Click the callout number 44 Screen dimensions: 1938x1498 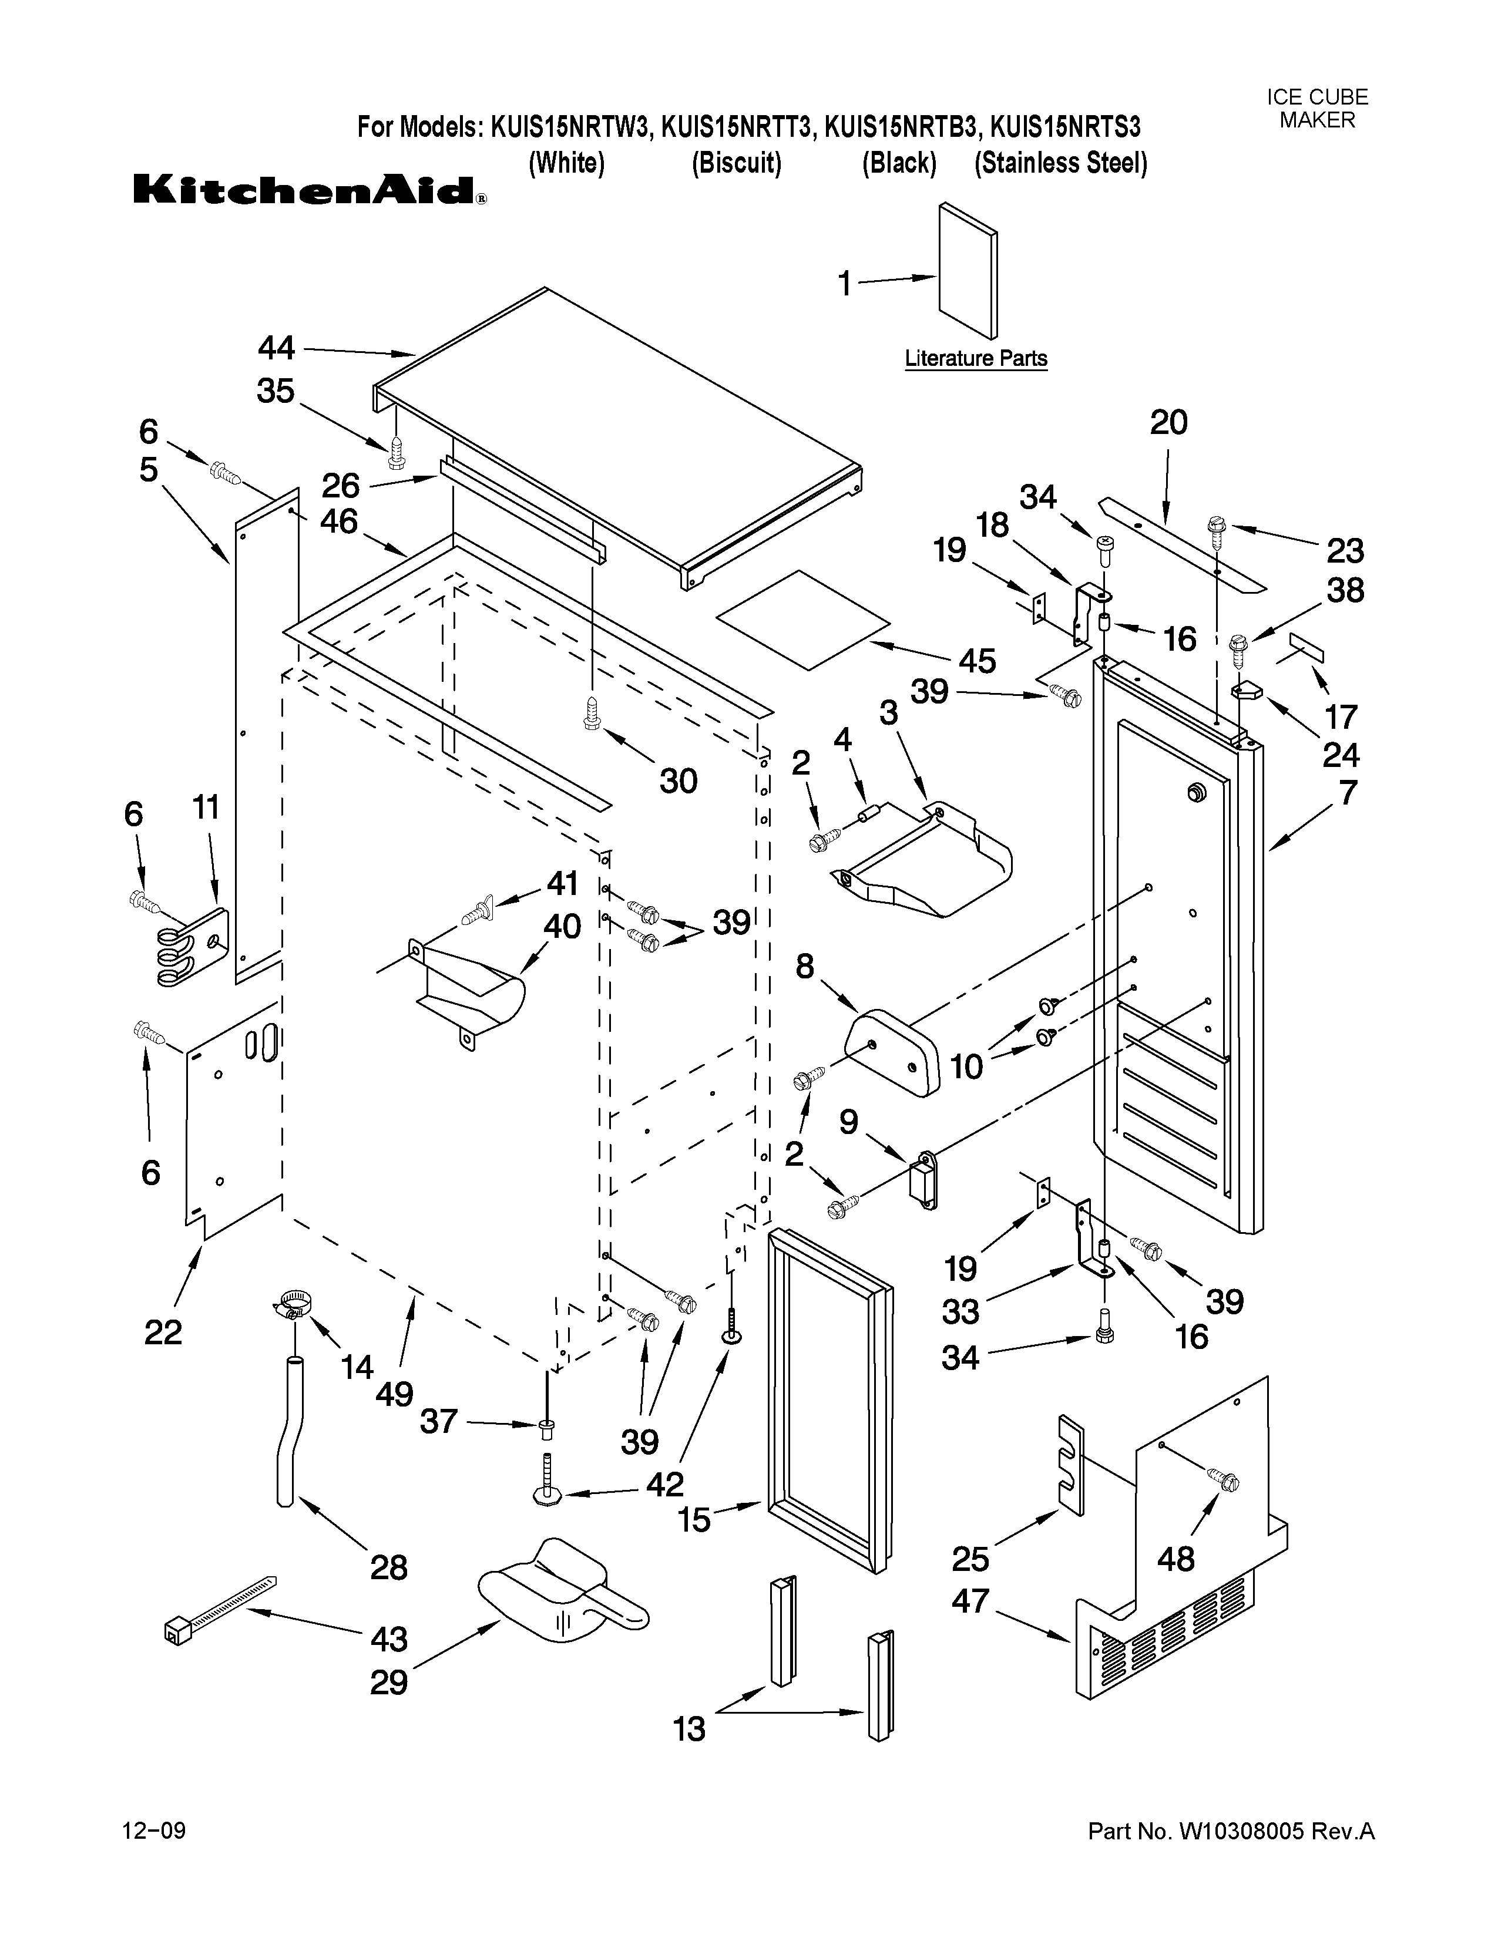click(x=276, y=348)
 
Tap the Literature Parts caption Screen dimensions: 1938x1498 click(x=975, y=358)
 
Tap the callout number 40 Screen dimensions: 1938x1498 click(x=562, y=926)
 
